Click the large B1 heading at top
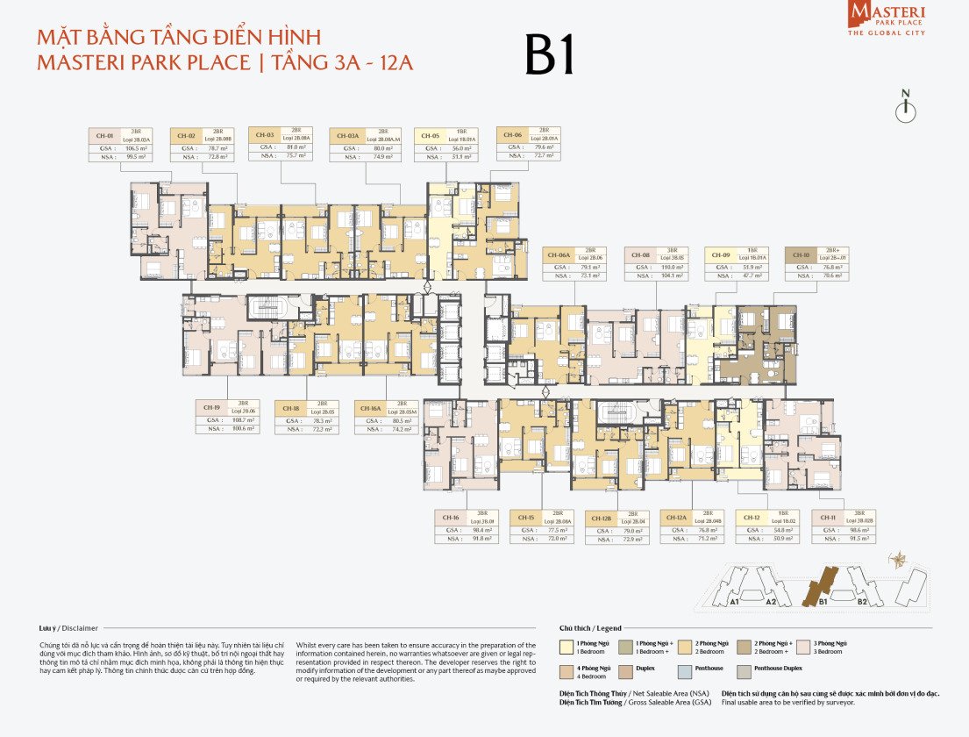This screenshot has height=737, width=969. click(x=550, y=56)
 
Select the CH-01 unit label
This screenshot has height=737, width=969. click(x=104, y=136)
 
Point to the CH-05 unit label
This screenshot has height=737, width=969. click(x=430, y=136)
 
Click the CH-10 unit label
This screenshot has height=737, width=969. click(x=800, y=255)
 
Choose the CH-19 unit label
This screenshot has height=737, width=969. click(x=211, y=407)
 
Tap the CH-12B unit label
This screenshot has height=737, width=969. click(x=601, y=518)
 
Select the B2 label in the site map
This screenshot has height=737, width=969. click(x=862, y=603)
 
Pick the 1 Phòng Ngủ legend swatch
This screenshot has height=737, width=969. click(x=566, y=646)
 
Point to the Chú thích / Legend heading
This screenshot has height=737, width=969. click(x=590, y=628)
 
